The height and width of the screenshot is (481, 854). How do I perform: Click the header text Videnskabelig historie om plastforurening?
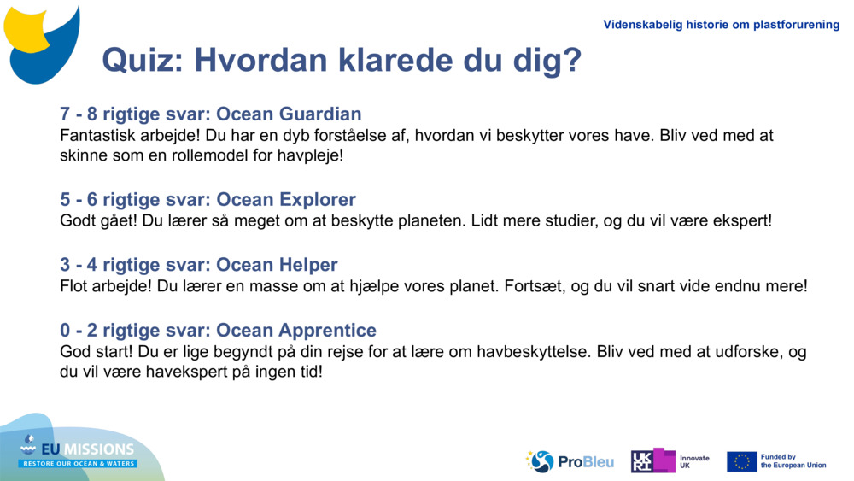[721, 25]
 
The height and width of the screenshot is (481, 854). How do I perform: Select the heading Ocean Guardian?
[289, 114]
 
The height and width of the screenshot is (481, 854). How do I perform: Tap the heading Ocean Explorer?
[286, 199]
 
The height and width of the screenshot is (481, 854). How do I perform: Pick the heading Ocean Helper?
[277, 265]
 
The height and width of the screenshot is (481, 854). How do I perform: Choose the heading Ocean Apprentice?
[296, 330]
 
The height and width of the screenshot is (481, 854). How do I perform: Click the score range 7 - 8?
[78, 114]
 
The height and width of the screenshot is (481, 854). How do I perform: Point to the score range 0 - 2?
[78, 330]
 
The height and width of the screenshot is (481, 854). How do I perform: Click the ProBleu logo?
[570, 461]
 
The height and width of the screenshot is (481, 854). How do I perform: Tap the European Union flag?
[741, 461]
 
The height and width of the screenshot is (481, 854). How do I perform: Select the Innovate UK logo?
[669, 461]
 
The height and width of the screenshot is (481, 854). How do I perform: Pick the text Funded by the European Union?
[793, 461]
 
